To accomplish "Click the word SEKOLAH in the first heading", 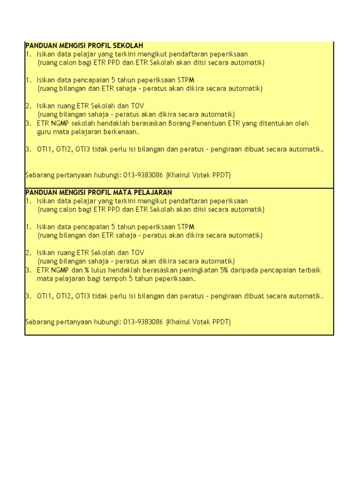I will pyautogui.click(x=128, y=45).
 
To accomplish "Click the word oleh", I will pyautogui.click(x=302, y=123).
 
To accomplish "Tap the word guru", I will pyautogui.click(x=44, y=132).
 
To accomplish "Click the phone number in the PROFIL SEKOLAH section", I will pyautogui.click(x=143, y=175).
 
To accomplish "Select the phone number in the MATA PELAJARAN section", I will pyautogui.click(x=143, y=322).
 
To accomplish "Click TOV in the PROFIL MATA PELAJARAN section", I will pyautogui.click(x=137, y=253).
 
